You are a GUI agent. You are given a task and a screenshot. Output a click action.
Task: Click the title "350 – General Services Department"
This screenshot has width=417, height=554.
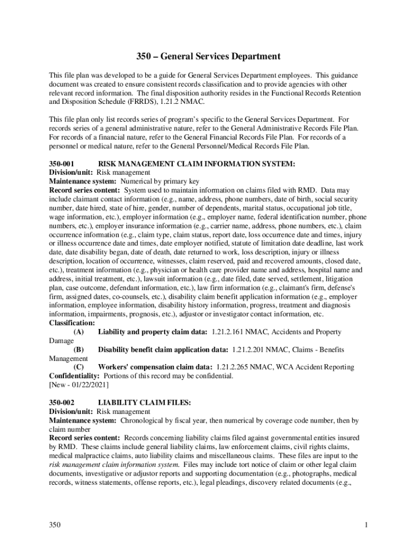[208, 56]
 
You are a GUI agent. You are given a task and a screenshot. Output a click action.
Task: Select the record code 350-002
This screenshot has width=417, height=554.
[61, 403]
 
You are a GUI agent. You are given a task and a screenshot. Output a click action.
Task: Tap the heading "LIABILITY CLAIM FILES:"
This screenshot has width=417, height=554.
[144, 403]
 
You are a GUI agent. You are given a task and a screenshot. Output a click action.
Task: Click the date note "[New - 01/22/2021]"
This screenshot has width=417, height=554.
[79, 385]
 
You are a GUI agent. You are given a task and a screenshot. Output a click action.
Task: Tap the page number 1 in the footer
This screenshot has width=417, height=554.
[367, 525]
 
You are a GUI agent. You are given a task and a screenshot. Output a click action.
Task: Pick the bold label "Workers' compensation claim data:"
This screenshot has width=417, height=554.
[153, 367]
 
